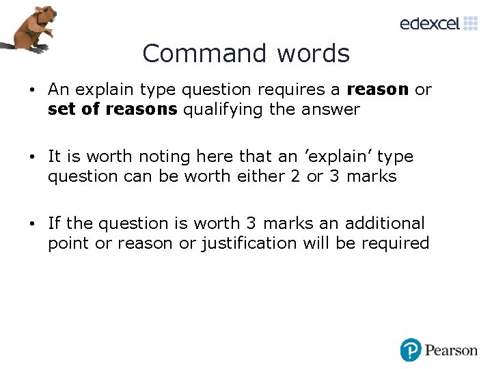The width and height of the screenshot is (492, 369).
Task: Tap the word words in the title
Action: (312, 53)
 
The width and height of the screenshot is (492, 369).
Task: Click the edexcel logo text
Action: (430, 24)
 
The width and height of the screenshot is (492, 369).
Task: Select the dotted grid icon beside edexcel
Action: (471, 23)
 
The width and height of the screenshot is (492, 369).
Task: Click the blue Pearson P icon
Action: (411, 350)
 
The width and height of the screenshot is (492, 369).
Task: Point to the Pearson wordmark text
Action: (451, 351)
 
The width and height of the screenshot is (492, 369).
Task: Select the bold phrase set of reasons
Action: (112, 109)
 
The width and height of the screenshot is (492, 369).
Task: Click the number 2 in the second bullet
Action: (295, 176)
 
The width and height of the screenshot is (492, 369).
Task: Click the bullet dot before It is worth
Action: (32, 157)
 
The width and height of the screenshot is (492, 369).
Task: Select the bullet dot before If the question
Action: (32, 224)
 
